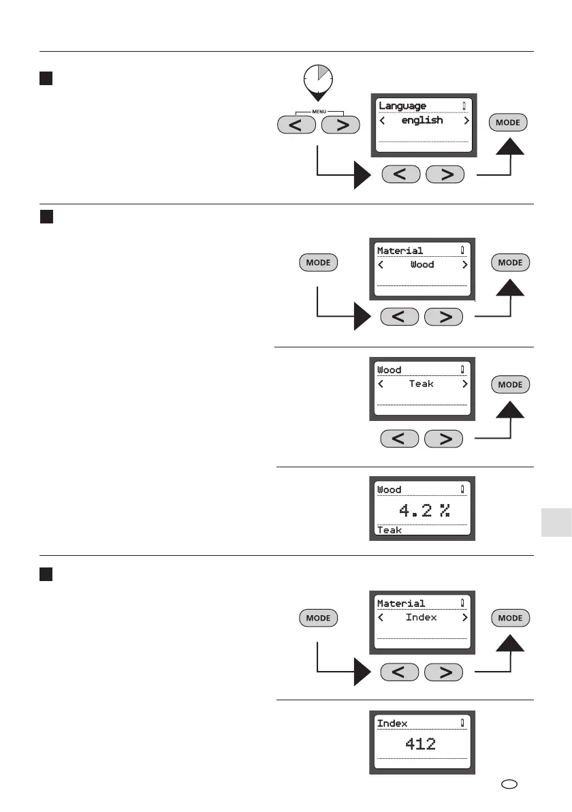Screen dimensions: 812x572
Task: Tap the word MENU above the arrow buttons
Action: point(318,112)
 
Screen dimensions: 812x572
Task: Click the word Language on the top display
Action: point(402,106)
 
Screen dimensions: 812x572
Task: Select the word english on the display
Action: point(422,121)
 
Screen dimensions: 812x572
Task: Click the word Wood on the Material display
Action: point(422,264)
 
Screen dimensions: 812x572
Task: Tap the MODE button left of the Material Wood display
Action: point(318,263)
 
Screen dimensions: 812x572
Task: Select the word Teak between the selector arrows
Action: point(422,384)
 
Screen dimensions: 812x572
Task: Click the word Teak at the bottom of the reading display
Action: point(390,530)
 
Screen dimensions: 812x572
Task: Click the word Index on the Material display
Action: point(422,617)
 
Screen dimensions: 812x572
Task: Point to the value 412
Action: point(420,744)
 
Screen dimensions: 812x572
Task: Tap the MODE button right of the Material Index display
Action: point(510,618)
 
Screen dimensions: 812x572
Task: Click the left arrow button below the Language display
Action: point(402,174)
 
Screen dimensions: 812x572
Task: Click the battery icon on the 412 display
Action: point(462,723)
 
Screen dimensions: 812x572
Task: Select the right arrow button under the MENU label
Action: point(341,125)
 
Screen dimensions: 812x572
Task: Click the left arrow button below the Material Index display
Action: point(400,673)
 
